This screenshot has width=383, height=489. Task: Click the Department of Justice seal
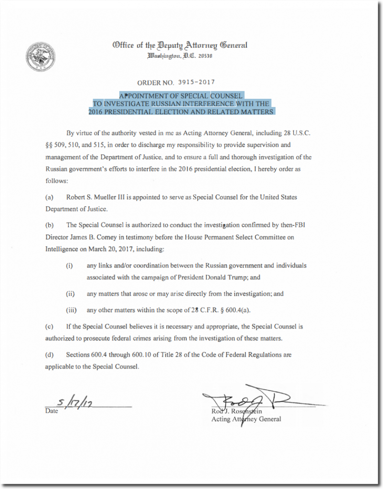point(41,55)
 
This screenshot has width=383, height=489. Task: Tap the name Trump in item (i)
point(240,277)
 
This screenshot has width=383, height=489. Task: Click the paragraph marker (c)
point(49,327)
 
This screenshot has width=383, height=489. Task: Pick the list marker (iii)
point(72,310)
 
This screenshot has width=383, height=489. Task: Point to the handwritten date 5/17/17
point(73,402)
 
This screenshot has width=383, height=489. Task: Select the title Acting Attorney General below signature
point(246,419)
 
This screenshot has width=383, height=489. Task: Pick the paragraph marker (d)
point(49,355)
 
